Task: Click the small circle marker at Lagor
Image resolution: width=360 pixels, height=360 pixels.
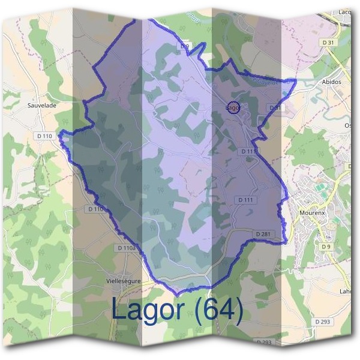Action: (235, 108)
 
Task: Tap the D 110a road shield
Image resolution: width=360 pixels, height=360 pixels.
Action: (127, 248)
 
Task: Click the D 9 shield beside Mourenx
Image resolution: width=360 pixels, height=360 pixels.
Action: (326, 246)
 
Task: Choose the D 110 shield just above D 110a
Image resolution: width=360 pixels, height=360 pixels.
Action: (96, 209)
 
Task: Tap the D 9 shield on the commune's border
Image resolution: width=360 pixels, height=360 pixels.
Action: (185, 46)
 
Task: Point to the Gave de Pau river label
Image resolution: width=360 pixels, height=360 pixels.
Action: (264, 79)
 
